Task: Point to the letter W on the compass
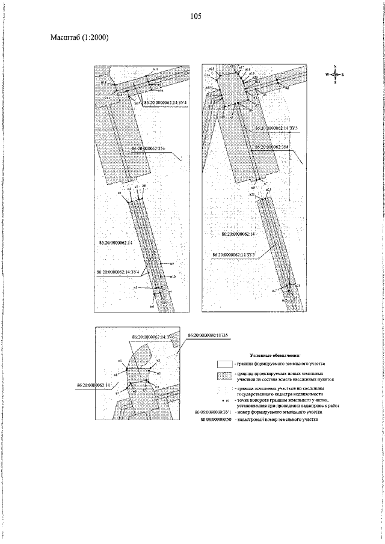[x=327, y=75]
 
